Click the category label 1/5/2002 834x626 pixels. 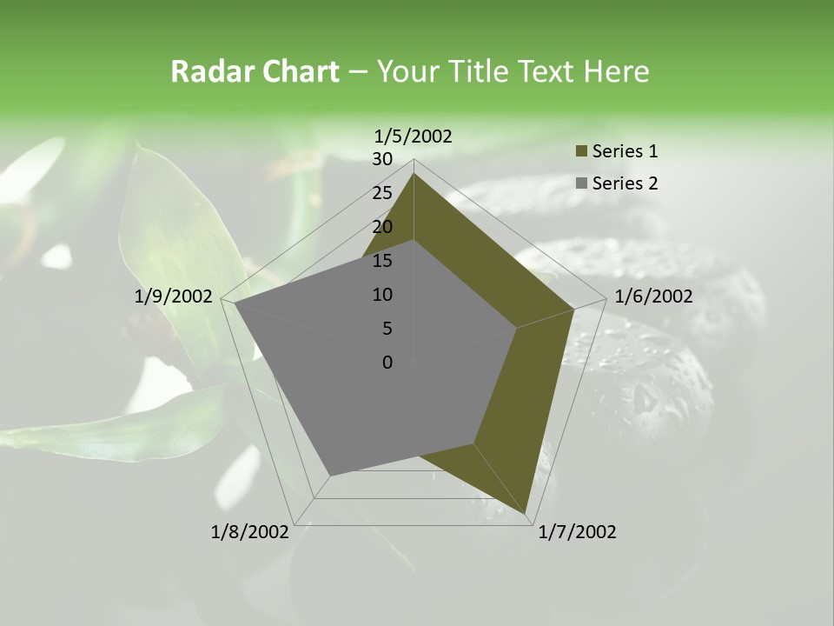pos(414,136)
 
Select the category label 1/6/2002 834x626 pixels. pos(653,296)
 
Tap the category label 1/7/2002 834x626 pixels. pos(577,532)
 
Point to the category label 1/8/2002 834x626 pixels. pos(250,532)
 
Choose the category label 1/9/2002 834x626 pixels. pos(174,296)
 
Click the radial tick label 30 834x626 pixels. pos(382,159)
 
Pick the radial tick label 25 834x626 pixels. pos(382,193)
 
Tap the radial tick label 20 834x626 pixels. pos(382,227)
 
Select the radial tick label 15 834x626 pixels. pos(382,261)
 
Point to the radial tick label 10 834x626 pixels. pos(382,295)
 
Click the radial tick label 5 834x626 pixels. pos(387,329)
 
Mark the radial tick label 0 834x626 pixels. pos(387,363)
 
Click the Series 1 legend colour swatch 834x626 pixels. pos(581,152)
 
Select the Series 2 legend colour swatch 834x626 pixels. pos(581,183)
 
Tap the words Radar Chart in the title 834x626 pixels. pos(255,71)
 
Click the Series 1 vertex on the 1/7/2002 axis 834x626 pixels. pos(526,515)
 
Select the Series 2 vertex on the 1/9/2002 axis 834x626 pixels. pos(235,303)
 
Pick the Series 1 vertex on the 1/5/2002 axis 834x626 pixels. pos(414,174)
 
